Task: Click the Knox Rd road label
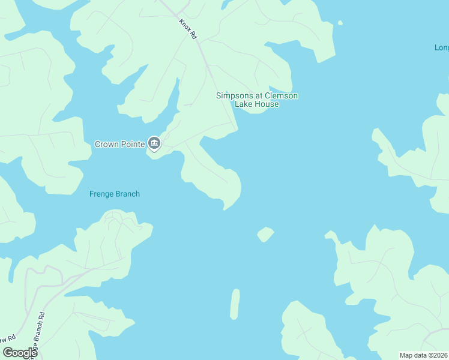pyautogui.click(x=188, y=29)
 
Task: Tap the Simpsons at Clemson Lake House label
pyautogui.click(x=257, y=100)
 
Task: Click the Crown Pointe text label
pyautogui.click(x=120, y=144)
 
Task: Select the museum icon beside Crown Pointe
pyautogui.click(x=154, y=143)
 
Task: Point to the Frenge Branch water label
pyautogui.click(x=114, y=194)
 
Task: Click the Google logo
pyautogui.click(x=20, y=353)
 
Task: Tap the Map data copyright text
pyautogui.click(x=424, y=355)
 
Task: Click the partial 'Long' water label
pyautogui.click(x=441, y=47)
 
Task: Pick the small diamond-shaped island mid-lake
pyautogui.click(x=265, y=234)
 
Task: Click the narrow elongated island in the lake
pyautogui.click(x=235, y=304)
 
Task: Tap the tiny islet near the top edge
pyautogui.click(x=340, y=23)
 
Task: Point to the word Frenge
pyautogui.click(x=101, y=194)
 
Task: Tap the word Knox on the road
pyautogui.click(x=184, y=24)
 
